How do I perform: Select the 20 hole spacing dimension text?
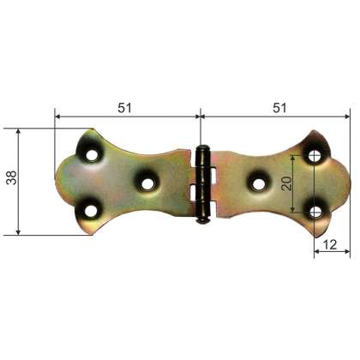[287, 182]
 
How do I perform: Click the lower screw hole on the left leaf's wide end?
[89, 207]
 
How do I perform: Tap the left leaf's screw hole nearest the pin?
[146, 182]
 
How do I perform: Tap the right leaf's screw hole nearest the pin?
[257, 182]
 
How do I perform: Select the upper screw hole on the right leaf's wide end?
[315, 157]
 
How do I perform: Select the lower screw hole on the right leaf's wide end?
[315, 208]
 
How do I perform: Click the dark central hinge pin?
[201, 183]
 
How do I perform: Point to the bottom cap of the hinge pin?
[201, 218]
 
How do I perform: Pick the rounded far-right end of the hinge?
[349, 183]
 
